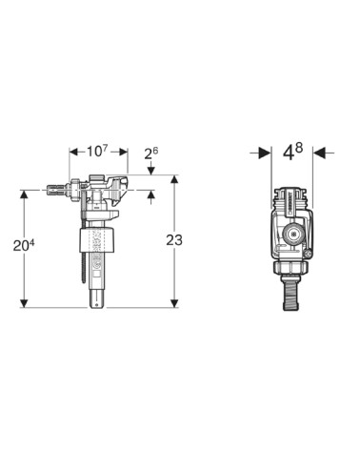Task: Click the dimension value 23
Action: coord(174,240)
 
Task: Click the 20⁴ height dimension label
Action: coord(24,245)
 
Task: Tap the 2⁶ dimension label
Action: coord(151,153)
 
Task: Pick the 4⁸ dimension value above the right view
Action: coord(292,152)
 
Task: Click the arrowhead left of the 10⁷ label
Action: coord(73,153)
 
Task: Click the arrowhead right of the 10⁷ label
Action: coord(123,153)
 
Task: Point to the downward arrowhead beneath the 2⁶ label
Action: coord(151,171)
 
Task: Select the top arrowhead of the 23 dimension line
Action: coord(174,179)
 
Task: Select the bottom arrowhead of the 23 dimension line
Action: coord(174,303)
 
